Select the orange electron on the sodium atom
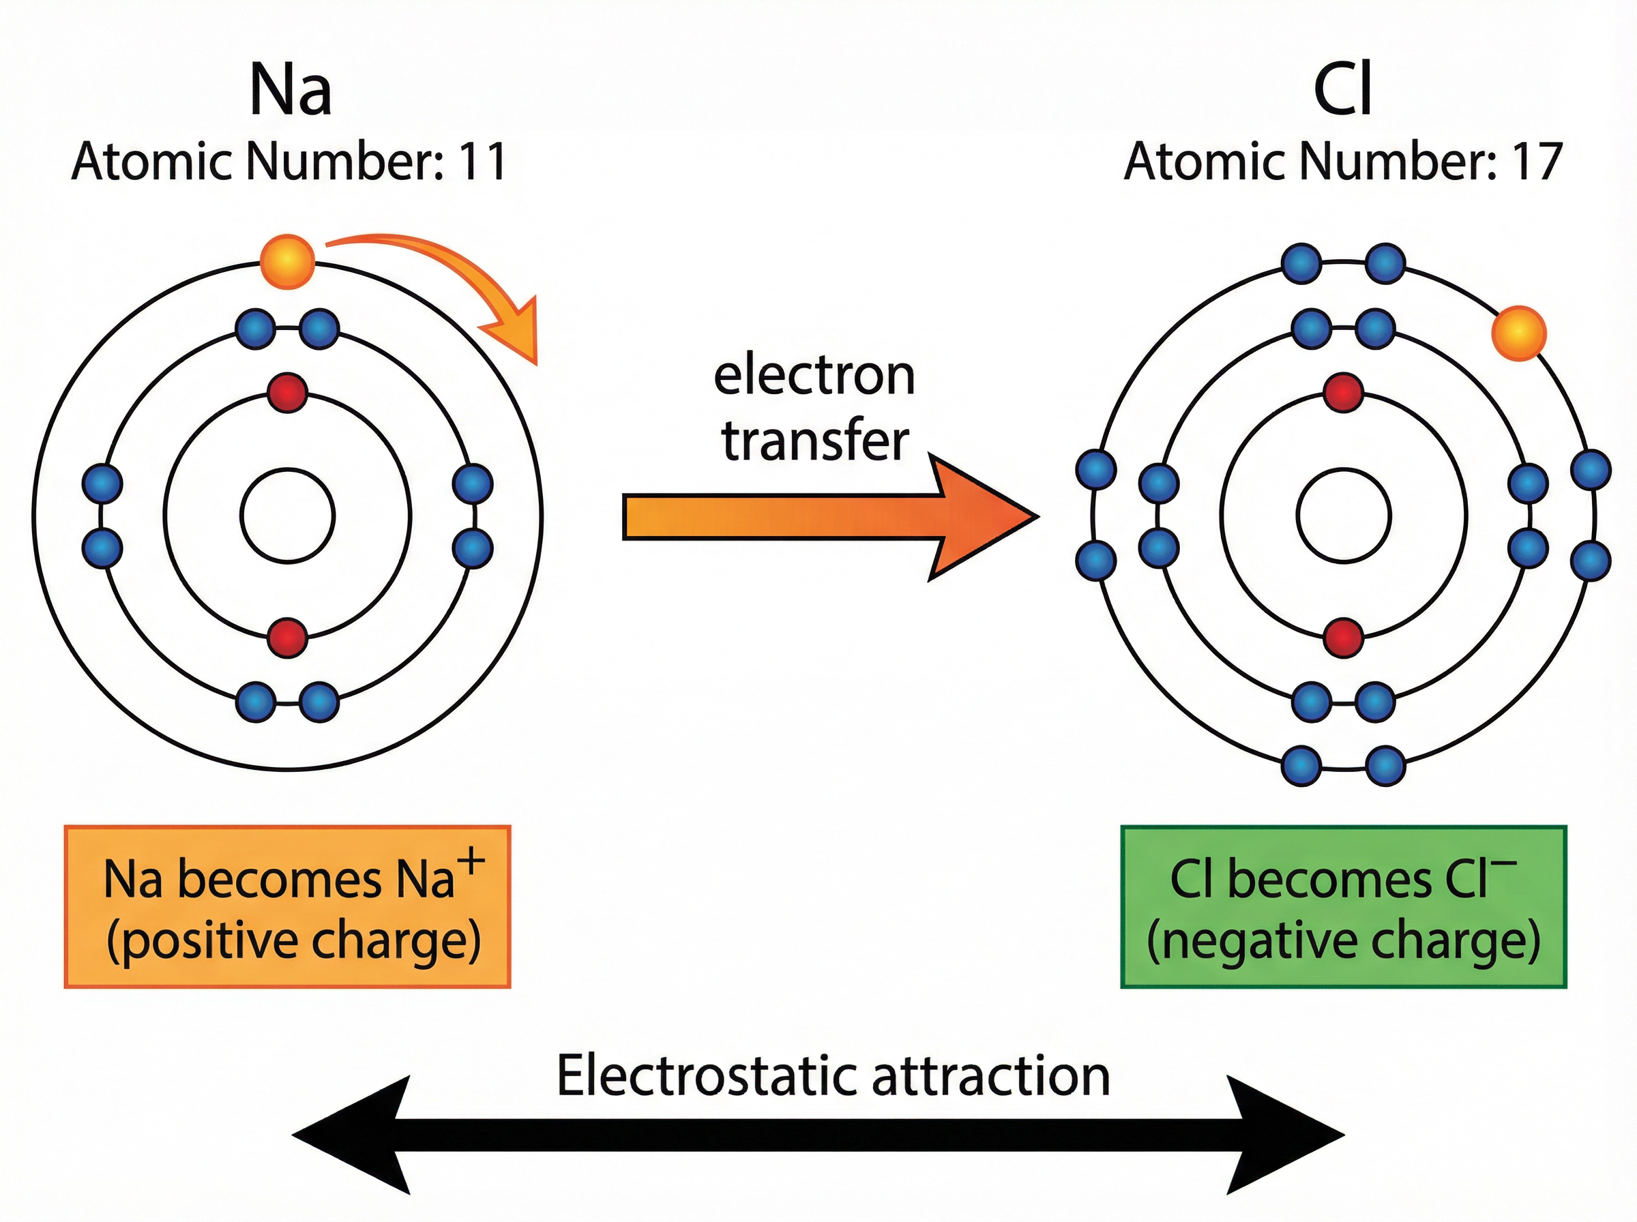click(287, 261)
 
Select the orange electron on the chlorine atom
click(1518, 333)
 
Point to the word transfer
click(814, 442)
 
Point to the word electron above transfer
click(814, 376)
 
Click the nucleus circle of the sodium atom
click(287, 516)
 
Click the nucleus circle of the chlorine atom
click(1343, 516)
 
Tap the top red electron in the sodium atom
click(287, 392)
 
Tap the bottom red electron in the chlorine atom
click(1343, 638)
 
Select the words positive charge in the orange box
click(294, 942)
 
